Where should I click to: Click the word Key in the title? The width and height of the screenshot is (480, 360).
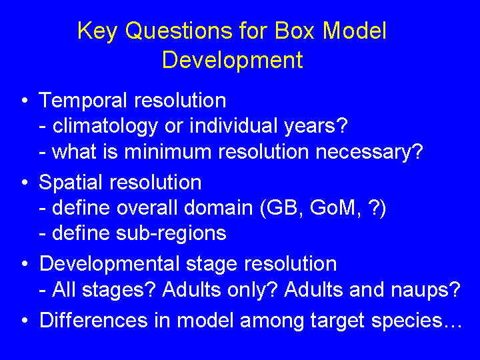tap(97, 31)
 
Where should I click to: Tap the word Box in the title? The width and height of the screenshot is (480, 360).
tap(294, 30)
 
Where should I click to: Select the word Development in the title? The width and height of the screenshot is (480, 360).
tap(233, 60)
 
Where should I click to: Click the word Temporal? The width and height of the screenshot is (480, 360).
tap(83, 101)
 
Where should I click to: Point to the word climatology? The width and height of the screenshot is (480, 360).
tap(105, 127)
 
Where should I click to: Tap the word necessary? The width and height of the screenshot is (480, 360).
tap(369, 152)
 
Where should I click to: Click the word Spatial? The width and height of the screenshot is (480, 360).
tap(70, 183)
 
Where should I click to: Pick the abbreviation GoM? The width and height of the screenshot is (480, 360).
tap(335, 208)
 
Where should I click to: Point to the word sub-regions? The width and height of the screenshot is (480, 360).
tap(171, 233)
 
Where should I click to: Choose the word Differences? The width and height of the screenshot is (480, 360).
tap(94, 320)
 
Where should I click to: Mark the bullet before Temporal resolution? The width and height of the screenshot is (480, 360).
tap(25, 101)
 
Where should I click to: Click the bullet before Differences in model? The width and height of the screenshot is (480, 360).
tap(25, 321)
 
